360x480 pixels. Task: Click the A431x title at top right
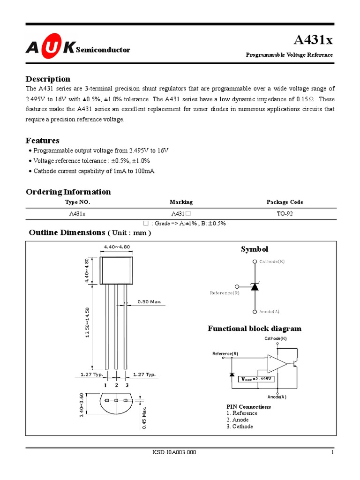(313, 40)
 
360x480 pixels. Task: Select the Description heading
(48, 79)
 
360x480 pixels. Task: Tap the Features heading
(43, 140)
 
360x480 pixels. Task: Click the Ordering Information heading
(68, 192)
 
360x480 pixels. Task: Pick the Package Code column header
(285, 202)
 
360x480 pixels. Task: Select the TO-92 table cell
(285, 213)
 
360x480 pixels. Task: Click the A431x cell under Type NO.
(77, 213)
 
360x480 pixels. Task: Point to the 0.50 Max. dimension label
(150, 301)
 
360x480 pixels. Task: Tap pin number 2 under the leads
(116, 385)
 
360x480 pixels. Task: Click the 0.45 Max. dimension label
(145, 417)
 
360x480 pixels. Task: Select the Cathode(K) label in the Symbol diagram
(272, 262)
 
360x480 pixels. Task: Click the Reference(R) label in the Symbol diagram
(225, 293)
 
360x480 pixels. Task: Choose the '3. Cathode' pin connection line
(240, 427)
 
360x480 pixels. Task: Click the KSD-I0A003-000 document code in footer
(174, 452)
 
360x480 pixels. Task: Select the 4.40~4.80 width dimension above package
(117, 247)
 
